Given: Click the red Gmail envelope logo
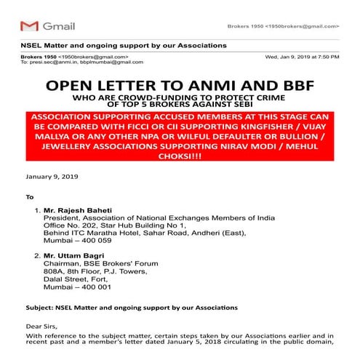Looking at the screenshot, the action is coord(29,26).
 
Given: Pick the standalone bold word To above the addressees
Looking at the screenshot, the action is coord(30,196).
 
